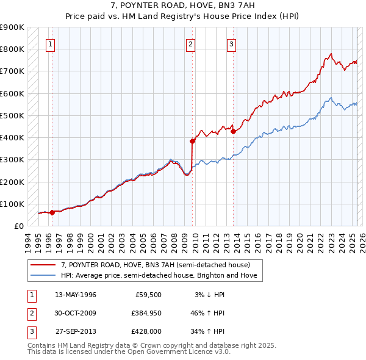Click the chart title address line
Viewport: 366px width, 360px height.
coord(183,5)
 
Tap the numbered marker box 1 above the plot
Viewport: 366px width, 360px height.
coord(51,43)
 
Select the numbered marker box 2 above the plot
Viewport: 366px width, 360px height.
coord(191,43)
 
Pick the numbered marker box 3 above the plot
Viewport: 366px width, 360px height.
coord(232,43)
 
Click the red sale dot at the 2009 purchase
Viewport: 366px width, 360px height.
coord(192,141)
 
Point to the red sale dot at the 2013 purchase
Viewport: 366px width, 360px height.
coord(233,131)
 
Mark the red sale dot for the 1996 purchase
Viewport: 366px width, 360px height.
coord(52,212)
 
